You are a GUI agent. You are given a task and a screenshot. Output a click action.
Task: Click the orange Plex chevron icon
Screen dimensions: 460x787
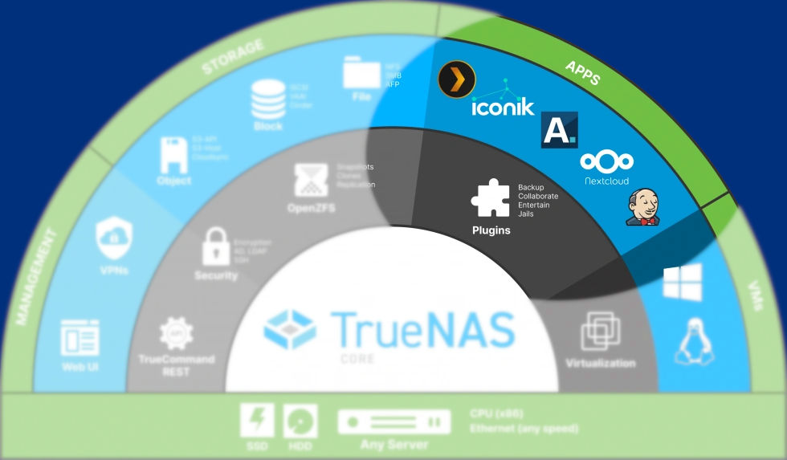pos(457,79)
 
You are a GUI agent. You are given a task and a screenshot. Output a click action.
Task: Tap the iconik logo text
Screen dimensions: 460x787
pos(502,108)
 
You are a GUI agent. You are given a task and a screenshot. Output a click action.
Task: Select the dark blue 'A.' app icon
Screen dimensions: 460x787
pos(559,129)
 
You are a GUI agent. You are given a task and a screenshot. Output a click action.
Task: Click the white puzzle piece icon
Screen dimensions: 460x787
pos(491,198)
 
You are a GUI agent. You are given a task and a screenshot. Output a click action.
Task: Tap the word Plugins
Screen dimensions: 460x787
pos(491,230)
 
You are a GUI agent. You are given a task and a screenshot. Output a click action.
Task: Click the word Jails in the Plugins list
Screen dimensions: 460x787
pos(527,214)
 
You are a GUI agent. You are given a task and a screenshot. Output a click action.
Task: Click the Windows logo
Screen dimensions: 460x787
pos(682,282)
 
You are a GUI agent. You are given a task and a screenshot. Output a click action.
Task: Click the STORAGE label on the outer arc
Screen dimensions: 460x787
pos(232,55)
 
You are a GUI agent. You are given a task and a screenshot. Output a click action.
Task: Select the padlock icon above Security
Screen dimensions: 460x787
pos(215,246)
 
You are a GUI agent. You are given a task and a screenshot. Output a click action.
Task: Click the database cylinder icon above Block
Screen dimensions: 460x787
pos(267,100)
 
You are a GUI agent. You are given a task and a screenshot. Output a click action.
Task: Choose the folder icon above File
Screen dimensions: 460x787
pos(361,72)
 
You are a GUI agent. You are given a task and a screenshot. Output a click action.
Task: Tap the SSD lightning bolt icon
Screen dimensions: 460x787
pos(257,421)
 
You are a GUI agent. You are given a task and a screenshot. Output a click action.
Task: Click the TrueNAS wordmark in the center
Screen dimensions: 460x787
pos(422,329)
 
